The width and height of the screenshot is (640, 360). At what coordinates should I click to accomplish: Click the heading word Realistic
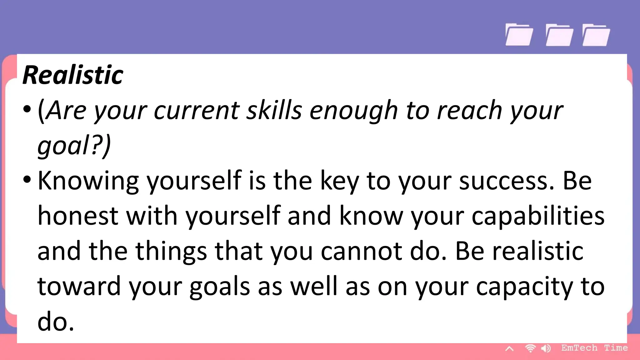point(73,75)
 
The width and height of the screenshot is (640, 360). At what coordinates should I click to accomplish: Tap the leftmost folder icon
point(519,35)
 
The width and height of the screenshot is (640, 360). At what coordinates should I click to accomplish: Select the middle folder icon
point(559,35)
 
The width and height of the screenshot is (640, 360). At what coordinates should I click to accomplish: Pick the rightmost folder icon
point(596,35)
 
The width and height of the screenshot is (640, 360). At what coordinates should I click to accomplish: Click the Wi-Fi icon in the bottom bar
point(530,348)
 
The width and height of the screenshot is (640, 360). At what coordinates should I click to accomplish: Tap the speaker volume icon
point(546,348)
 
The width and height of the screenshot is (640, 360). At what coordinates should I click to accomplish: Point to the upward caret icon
point(509,349)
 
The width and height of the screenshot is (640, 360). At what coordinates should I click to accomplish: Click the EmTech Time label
point(594,348)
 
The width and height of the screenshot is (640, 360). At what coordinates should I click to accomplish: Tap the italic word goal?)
point(74,146)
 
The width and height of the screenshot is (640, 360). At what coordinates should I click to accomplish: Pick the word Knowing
point(88,181)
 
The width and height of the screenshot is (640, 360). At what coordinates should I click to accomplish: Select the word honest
point(78,216)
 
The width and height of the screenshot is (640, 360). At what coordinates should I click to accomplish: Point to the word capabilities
point(538,217)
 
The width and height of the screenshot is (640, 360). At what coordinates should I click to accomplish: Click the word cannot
point(362,251)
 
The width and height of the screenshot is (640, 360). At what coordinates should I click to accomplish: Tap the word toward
point(79,286)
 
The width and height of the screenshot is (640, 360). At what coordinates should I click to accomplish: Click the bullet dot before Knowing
point(27,180)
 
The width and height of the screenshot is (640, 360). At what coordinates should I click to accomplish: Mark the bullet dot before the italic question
point(27,109)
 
